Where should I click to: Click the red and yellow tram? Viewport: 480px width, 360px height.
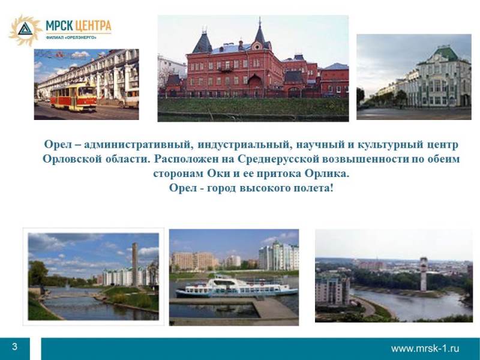tap(73, 97)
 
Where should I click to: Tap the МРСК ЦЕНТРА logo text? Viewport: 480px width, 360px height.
tap(79, 26)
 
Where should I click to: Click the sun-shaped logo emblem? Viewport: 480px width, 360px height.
tap(25, 30)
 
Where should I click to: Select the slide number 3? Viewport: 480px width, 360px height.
tap(14, 347)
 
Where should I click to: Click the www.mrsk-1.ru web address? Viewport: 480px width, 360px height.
tap(425, 349)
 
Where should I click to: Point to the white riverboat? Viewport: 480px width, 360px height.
tap(236, 287)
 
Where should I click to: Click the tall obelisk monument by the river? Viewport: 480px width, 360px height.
tap(134, 264)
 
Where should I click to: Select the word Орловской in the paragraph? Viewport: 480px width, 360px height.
tap(72, 159)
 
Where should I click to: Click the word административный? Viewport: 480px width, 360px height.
tap(139, 145)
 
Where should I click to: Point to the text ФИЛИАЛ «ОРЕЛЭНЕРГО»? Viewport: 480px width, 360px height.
tap(71, 38)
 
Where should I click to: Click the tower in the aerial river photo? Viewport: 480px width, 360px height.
tap(424, 274)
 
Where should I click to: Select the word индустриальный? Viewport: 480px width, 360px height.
tap(244, 145)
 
